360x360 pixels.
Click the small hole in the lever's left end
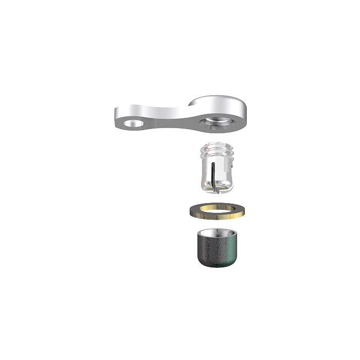click(133, 123)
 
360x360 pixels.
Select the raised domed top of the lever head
click(220, 101)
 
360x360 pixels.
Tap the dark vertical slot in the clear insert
click(212, 175)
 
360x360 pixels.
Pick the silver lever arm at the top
click(180, 113)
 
